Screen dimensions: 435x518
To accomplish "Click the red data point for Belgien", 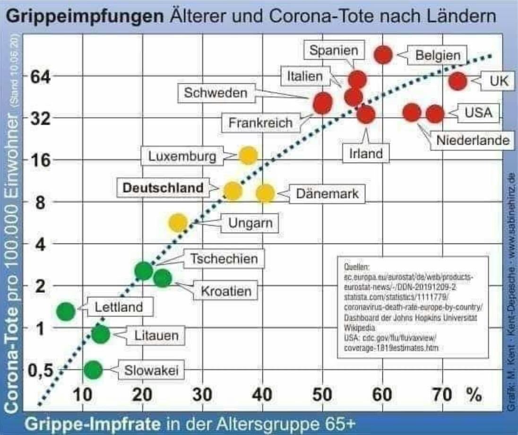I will (383, 55).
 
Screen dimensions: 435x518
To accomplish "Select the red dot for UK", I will (458, 81).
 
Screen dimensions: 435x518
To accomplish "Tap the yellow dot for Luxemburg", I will (248, 156).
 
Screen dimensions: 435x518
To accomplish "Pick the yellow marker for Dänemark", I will (266, 193).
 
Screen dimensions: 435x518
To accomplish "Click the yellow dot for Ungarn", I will (178, 222).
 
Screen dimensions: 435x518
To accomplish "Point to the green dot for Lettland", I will (66, 311).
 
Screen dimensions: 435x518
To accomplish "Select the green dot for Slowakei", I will (93, 370).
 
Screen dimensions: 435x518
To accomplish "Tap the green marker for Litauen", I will (100, 335).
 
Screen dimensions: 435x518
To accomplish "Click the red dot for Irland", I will (366, 114).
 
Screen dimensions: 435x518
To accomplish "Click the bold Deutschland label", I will (163, 188).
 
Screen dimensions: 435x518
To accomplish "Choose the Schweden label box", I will (216, 93).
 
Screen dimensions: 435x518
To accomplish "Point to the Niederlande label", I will (473, 140).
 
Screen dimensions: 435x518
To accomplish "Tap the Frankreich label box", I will (260, 123).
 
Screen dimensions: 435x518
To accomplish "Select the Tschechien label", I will (224, 259).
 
